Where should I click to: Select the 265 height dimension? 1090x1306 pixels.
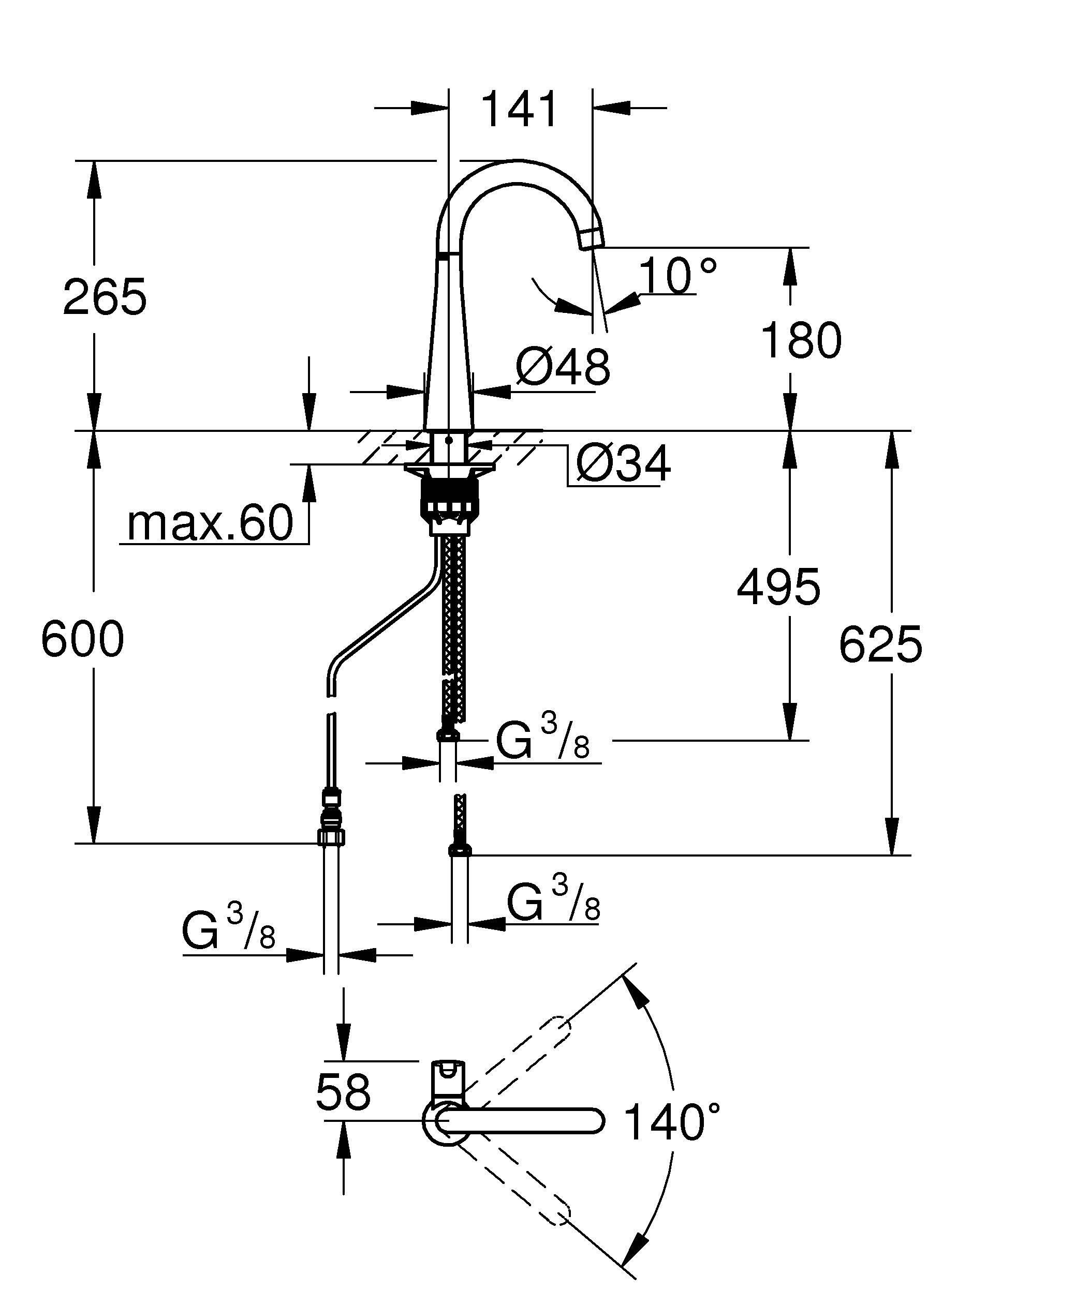(105, 297)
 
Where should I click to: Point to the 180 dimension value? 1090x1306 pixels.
(801, 341)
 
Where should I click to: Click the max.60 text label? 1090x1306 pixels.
(210, 523)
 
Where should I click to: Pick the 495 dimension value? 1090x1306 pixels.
(778, 587)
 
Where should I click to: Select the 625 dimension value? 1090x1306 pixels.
(880, 644)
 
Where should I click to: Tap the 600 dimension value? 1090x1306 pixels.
(82, 639)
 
